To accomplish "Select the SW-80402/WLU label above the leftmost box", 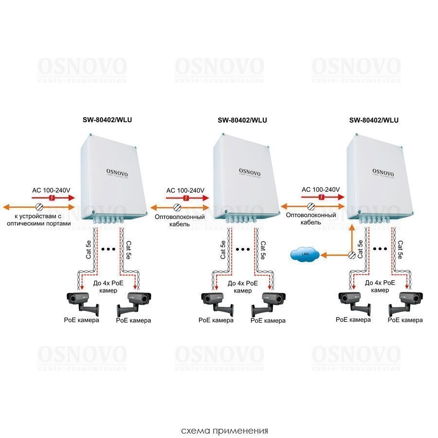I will tap(107, 121).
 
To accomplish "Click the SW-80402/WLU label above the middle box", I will tap(242, 121).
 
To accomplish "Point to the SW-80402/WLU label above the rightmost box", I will tap(374, 121).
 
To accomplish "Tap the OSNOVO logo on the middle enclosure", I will tap(250, 171).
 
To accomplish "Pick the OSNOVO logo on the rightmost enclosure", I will tap(383, 171).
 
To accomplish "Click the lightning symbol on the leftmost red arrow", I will tap(52, 198).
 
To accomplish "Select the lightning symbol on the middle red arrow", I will tap(186, 198).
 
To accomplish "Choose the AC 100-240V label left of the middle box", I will tap(185, 190).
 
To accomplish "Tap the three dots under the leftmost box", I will tap(107, 249).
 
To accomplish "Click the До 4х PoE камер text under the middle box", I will tap(243, 287).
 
